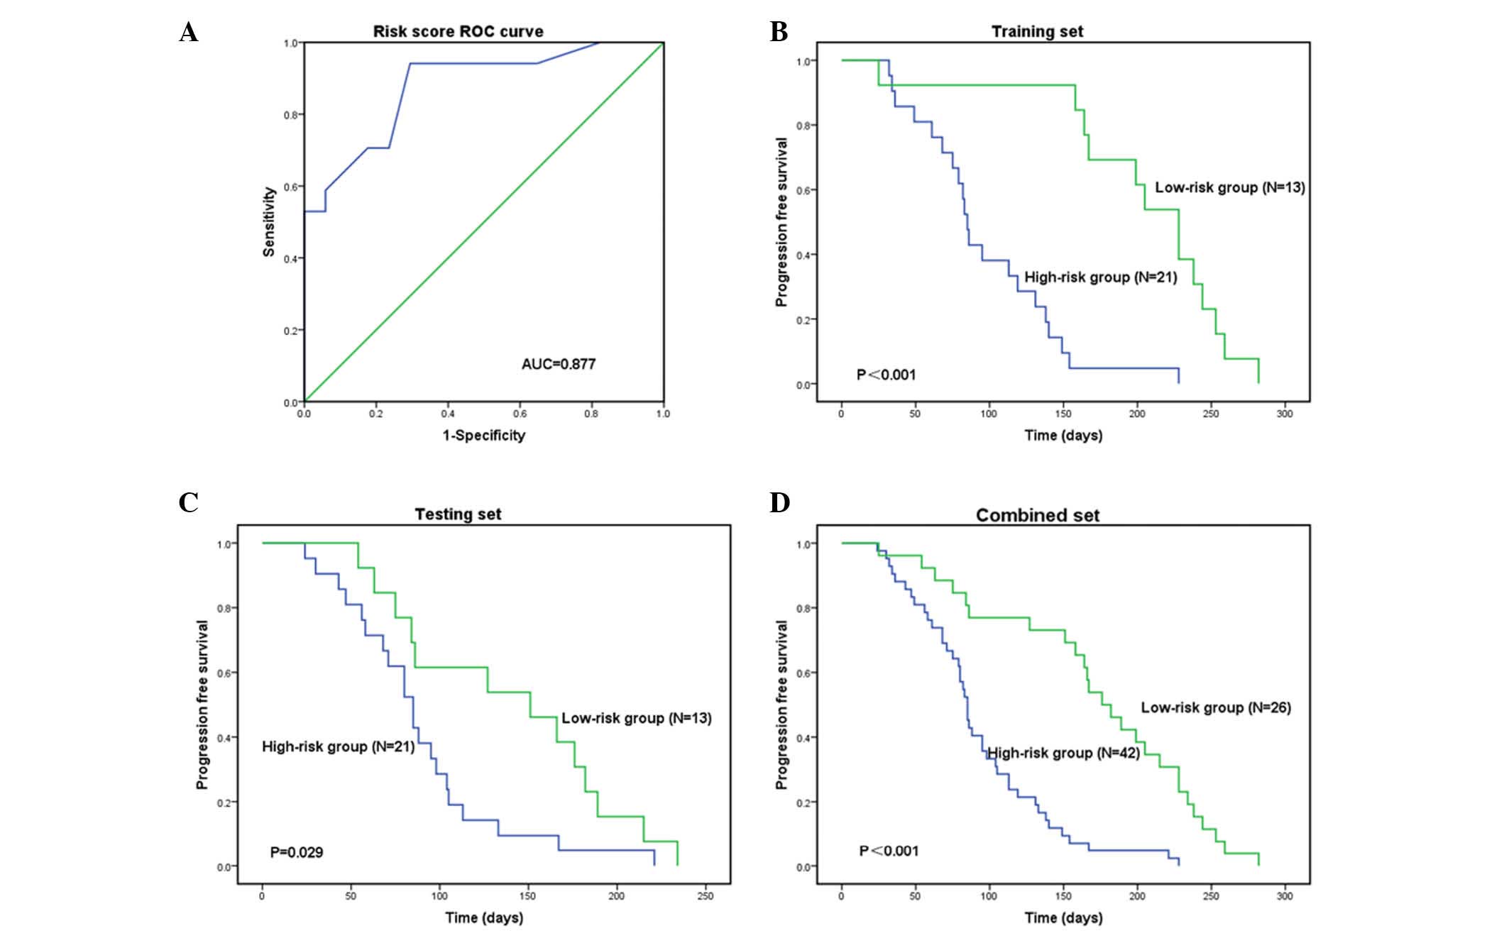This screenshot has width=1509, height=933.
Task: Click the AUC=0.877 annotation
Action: pyautogui.click(x=558, y=364)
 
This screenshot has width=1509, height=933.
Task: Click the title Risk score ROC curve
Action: pyautogui.click(x=458, y=31)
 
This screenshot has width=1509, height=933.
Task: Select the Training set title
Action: pyautogui.click(x=1037, y=31)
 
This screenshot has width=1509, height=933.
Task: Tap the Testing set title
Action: pyautogui.click(x=458, y=514)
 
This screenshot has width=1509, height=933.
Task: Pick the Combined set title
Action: pyautogui.click(x=1037, y=515)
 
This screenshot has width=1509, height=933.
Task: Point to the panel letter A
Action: pyautogui.click(x=188, y=32)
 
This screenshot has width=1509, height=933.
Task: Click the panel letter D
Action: pyautogui.click(x=779, y=502)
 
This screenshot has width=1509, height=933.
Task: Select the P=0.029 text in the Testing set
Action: pyautogui.click(x=296, y=852)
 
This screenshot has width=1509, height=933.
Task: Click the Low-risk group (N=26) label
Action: pyautogui.click(x=1215, y=707)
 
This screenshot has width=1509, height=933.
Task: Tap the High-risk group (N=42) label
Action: pyautogui.click(x=1063, y=753)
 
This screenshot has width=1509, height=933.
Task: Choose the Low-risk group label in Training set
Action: pyautogui.click(x=1229, y=187)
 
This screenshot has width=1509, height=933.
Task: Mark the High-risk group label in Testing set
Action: pyautogui.click(x=338, y=746)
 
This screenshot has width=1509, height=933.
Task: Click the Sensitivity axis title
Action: pyautogui.click(x=269, y=221)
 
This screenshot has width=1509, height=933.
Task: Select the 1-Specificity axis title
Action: pyautogui.click(x=484, y=435)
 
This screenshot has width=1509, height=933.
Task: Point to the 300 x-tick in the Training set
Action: pyautogui.click(x=1284, y=414)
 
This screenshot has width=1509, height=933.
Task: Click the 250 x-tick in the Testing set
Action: pyautogui.click(x=704, y=896)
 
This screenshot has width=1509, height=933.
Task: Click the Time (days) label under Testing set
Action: pyautogui.click(x=484, y=917)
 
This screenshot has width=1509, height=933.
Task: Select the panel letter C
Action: pyautogui.click(x=188, y=502)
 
